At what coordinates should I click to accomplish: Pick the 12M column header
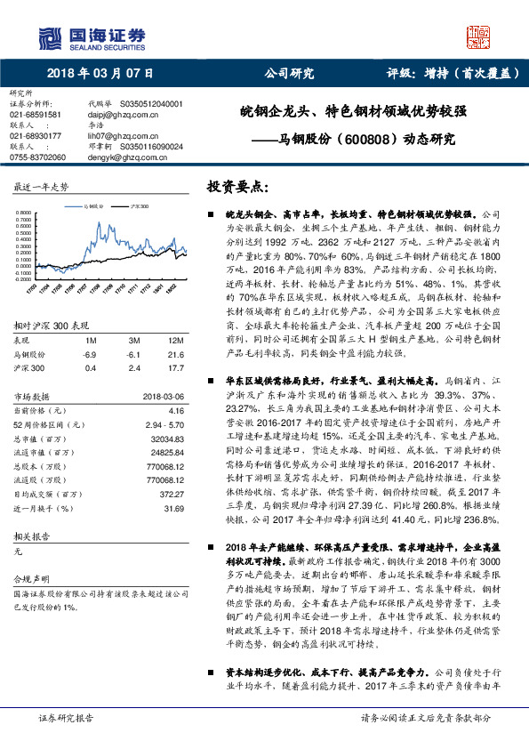[x=175, y=341]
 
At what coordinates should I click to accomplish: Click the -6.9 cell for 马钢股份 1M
[x=90, y=354]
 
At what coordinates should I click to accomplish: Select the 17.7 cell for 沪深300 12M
[x=175, y=366]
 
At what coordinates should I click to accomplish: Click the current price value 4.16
[x=175, y=412]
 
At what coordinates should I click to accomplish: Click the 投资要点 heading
[x=236, y=188]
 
